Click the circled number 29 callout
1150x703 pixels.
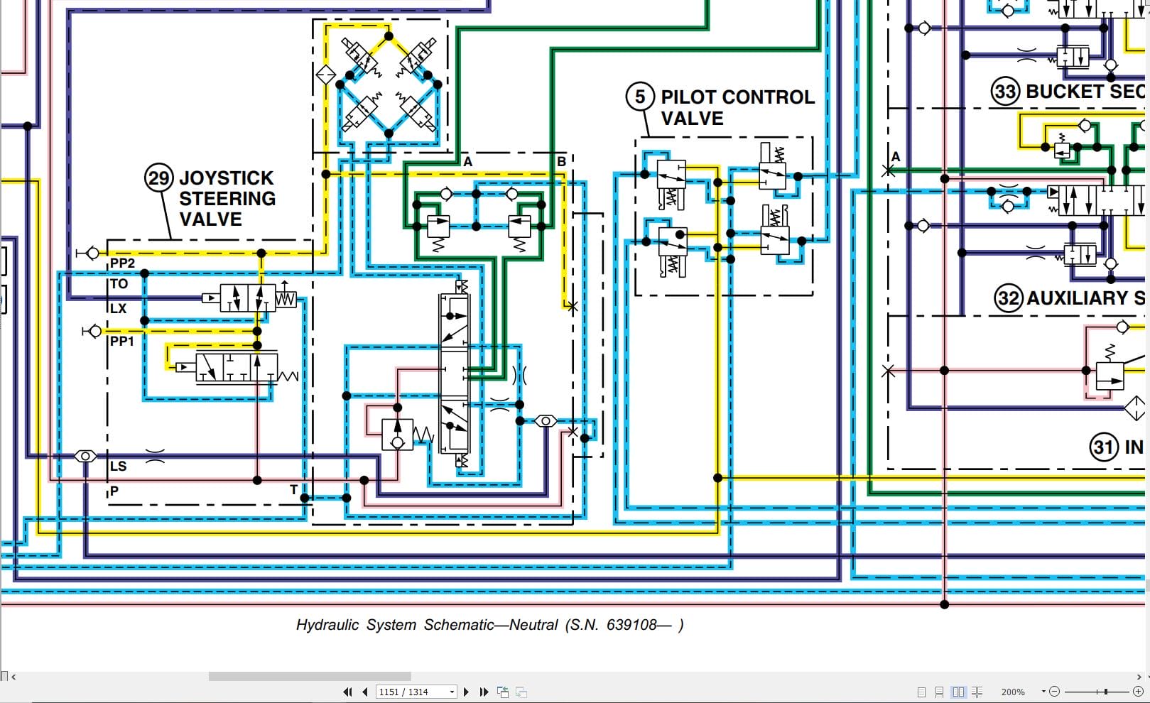(x=158, y=178)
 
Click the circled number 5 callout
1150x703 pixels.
(x=639, y=97)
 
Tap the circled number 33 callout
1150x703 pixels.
(x=1005, y=92)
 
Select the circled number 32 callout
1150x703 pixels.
(x=1009, y=298)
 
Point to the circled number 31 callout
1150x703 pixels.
(x=1103, y=447)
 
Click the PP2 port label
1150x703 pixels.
(x=122, y=263)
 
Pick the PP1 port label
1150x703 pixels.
(x=122, y=342)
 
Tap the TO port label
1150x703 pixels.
(x=119, y=284)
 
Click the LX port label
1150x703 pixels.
(x=119, y=309)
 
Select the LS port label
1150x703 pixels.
(x=119, y=467)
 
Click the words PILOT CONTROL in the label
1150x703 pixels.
(x=737, y=97)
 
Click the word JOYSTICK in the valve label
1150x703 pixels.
(x=226, y=178)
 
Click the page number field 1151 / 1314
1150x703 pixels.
(x=412, y=692)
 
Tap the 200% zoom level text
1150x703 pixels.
(x=1013, y=692)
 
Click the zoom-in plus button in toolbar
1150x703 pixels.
(x=1138, y=692)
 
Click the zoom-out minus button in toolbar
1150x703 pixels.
(x=1054, y=692)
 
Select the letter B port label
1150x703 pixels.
(x=561, y=162)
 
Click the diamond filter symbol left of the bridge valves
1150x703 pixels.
(x=325, y=74)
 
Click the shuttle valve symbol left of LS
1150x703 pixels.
(x=85, y=456)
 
